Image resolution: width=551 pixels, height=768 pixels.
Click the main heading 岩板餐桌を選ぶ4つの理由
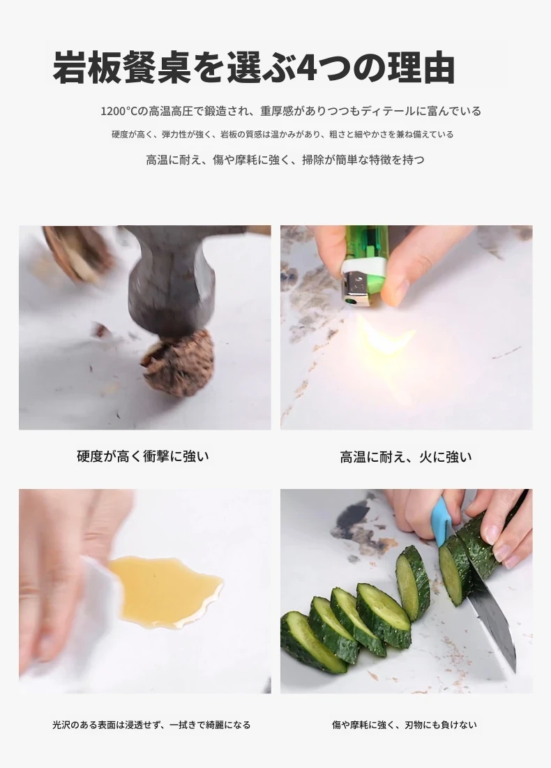point(254,66)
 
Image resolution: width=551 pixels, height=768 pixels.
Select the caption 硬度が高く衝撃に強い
point(143,456)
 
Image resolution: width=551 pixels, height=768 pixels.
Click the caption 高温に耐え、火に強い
point(406,457)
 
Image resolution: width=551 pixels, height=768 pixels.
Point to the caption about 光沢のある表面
point(151,725)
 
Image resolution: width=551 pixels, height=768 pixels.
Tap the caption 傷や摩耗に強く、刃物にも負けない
point(404,725)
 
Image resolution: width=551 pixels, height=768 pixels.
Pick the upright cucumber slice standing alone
point(412,584)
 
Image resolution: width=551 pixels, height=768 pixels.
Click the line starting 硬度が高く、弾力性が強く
point(282,134)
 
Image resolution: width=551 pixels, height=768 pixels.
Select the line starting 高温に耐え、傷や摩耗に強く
point(285,160)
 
